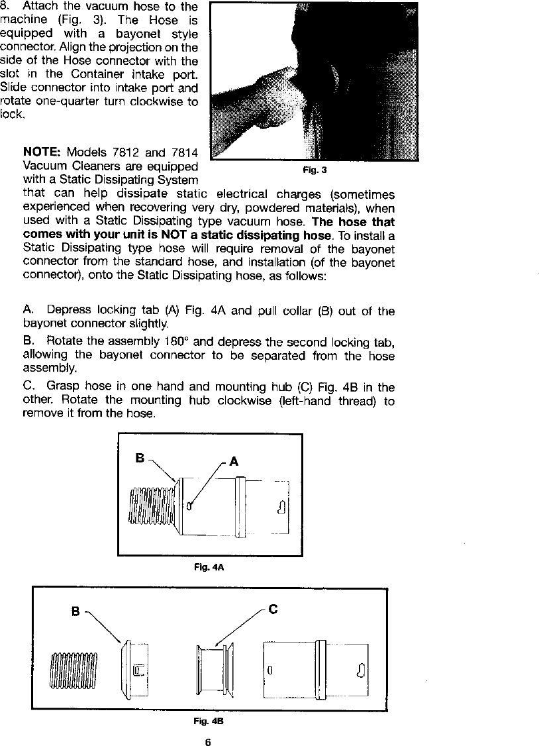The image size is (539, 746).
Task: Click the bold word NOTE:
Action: pos(41,153)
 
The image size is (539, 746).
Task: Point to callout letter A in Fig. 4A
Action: pos(234,462)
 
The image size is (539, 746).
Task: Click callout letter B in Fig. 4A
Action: pos(140,457)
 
